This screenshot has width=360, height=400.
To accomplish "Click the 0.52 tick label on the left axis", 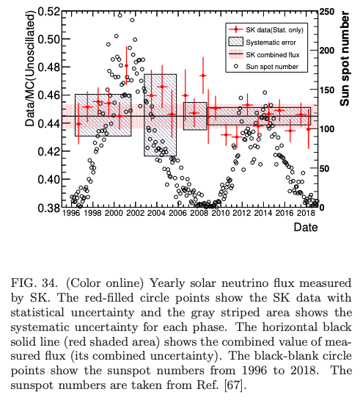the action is click(x=49, y=12).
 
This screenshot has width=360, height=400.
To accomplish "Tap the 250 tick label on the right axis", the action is click(x=327, y=12).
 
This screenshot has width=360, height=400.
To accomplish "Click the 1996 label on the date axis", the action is click(x=71, y=213).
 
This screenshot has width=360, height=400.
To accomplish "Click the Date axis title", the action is click(x=306, y=227).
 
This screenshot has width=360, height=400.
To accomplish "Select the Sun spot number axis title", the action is click(x=345, y=59).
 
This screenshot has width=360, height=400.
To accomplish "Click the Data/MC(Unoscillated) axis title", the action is click(x=29, y=68).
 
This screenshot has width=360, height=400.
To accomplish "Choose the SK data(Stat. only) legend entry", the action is click(x=266, y=30).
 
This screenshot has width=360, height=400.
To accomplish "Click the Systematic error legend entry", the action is click(x=262, y=42).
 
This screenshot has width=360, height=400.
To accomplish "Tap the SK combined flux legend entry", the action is click(x=264, y=54).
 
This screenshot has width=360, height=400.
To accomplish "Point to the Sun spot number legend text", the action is click(x=272, y=67).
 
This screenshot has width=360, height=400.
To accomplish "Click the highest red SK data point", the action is click(x=126, y=65).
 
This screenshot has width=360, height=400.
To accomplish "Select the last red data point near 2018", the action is click(x=309, y=129).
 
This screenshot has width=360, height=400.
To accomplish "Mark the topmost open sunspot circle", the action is click(x=120, y=15).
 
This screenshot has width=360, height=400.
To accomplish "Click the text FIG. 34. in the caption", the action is click(x=34, y=283).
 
